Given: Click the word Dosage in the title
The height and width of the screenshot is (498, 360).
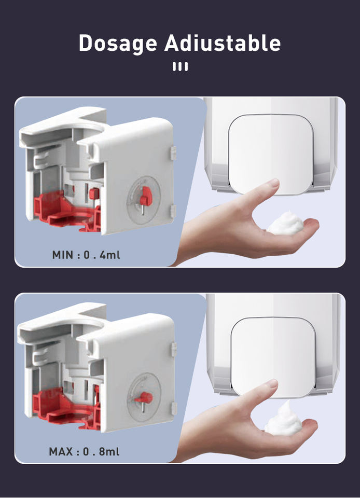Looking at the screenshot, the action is [x=118, y=43].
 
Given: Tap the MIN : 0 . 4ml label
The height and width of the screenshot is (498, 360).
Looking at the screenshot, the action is [x=86, y=255].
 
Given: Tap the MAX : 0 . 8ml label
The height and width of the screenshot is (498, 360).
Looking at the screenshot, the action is [x=84, y=451].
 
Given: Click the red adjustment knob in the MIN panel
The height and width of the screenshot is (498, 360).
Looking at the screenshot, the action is [x=146, y=196].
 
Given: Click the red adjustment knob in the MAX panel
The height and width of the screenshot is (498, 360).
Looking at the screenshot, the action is [x=144, y=397].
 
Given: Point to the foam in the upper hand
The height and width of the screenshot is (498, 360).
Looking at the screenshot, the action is [x=285, y=223].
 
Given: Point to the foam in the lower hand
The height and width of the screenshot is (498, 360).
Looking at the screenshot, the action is [x=284, y=419].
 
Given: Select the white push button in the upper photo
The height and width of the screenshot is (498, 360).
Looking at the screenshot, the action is [x=271, y=154].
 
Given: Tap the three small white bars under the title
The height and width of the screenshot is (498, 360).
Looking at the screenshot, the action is [x=180, y=66].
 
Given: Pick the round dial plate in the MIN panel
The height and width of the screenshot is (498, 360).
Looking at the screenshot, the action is [x=144, y=200].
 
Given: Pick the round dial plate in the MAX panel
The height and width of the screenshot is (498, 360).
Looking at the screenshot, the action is [x=144, y=397].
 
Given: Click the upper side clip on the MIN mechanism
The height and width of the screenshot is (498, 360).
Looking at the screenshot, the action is [x=173, y=153].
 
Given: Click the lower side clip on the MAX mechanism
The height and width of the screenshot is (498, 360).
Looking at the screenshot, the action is [x=174, y=409].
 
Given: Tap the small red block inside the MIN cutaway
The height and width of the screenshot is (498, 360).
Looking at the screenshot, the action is [x=94, y=193].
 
